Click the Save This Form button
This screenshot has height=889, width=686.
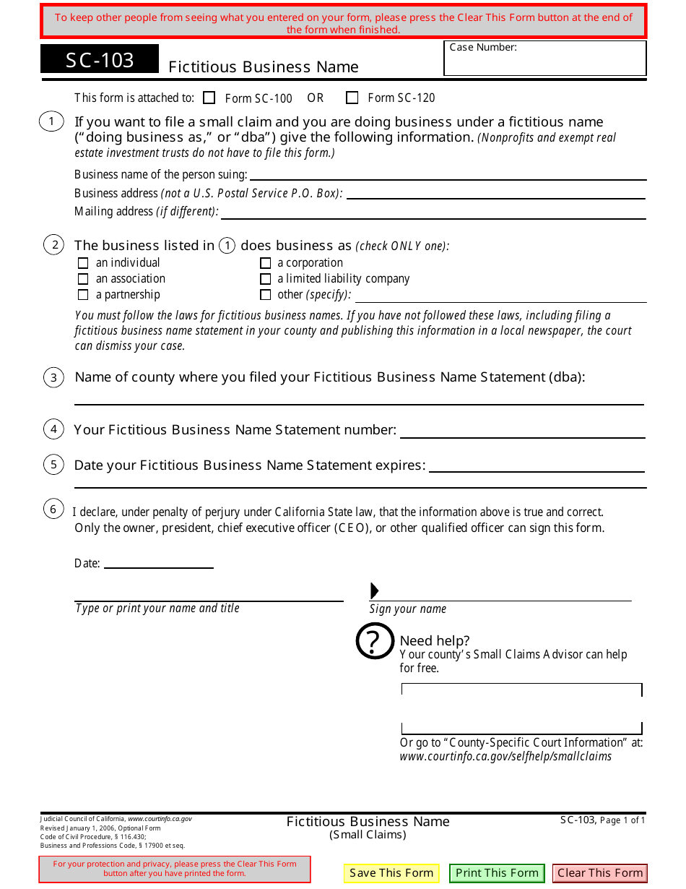(391, 873)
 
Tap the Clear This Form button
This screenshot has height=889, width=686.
(600, 873)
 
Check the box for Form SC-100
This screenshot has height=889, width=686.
(209, 98)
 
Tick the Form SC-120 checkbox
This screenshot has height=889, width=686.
(352, 98)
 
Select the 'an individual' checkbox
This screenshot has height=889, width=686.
(83, 263)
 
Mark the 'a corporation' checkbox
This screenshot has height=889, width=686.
(266, 263)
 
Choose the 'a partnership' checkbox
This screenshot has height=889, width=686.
(83, 295)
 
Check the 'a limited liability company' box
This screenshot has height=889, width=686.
(266, 279)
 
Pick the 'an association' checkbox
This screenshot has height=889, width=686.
(83, 279)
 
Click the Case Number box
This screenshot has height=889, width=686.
(545, 61)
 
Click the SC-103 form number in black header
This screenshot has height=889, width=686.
(100, 59)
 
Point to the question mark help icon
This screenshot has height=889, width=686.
(375, 640)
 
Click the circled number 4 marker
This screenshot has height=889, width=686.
(53, 429)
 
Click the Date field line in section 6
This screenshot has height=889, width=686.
(159, 564)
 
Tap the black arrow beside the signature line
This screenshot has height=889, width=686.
(374, 590)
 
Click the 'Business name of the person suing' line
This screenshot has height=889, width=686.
(448, 175)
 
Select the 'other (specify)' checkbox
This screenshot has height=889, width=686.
(266, 295)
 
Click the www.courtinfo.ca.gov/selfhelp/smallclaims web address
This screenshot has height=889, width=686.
(505, 757)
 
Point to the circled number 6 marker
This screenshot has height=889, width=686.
(53, 510)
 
